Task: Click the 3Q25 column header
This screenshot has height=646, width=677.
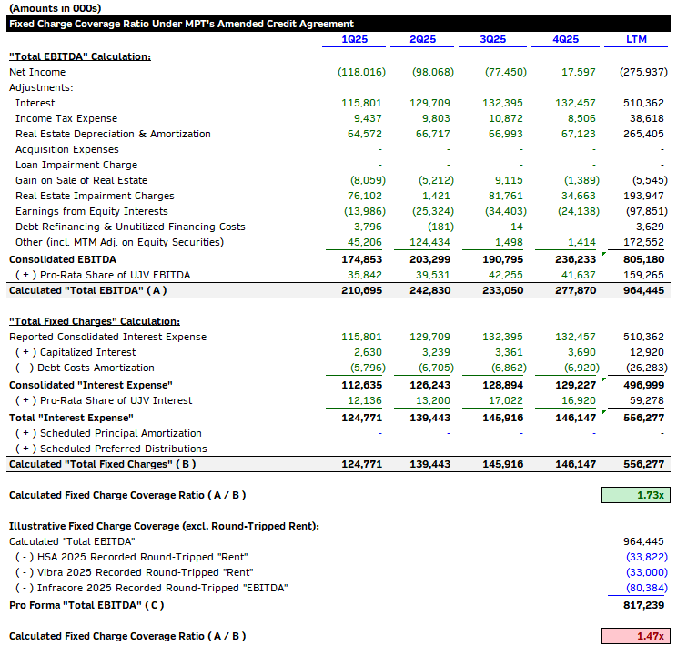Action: tap(492, 40)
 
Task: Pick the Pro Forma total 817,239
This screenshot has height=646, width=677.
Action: tap(645, 604)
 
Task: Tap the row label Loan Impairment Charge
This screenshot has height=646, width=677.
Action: tap(76, 165)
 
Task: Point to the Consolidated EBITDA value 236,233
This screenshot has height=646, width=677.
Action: tap(575, 259)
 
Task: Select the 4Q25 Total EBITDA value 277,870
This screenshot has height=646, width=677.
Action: tap(575, 290)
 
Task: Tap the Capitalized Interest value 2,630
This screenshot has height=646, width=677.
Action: tap(368, 352)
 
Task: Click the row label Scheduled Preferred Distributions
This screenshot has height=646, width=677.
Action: tap(111, 449)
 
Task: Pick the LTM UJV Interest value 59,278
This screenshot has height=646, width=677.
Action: tap(647, 400)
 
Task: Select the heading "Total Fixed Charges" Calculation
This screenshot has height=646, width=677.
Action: tap(95, 321)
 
